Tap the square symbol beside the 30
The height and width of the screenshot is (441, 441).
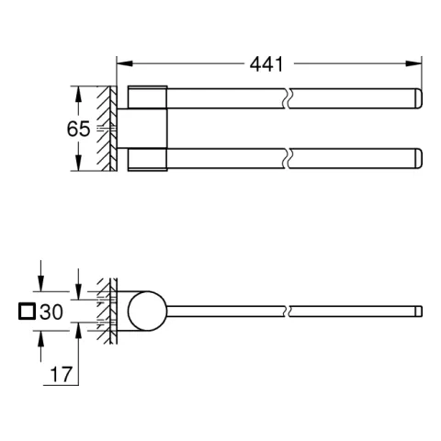pyautogui.click(x=26, y=312)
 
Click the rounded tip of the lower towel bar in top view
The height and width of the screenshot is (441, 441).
pyautogui.click(x=416, y=159)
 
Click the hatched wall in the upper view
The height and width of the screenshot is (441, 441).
pyautogui.click(x=108, y=130)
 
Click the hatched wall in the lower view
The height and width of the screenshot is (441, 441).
pyautogui.click(x=108, y=312)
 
